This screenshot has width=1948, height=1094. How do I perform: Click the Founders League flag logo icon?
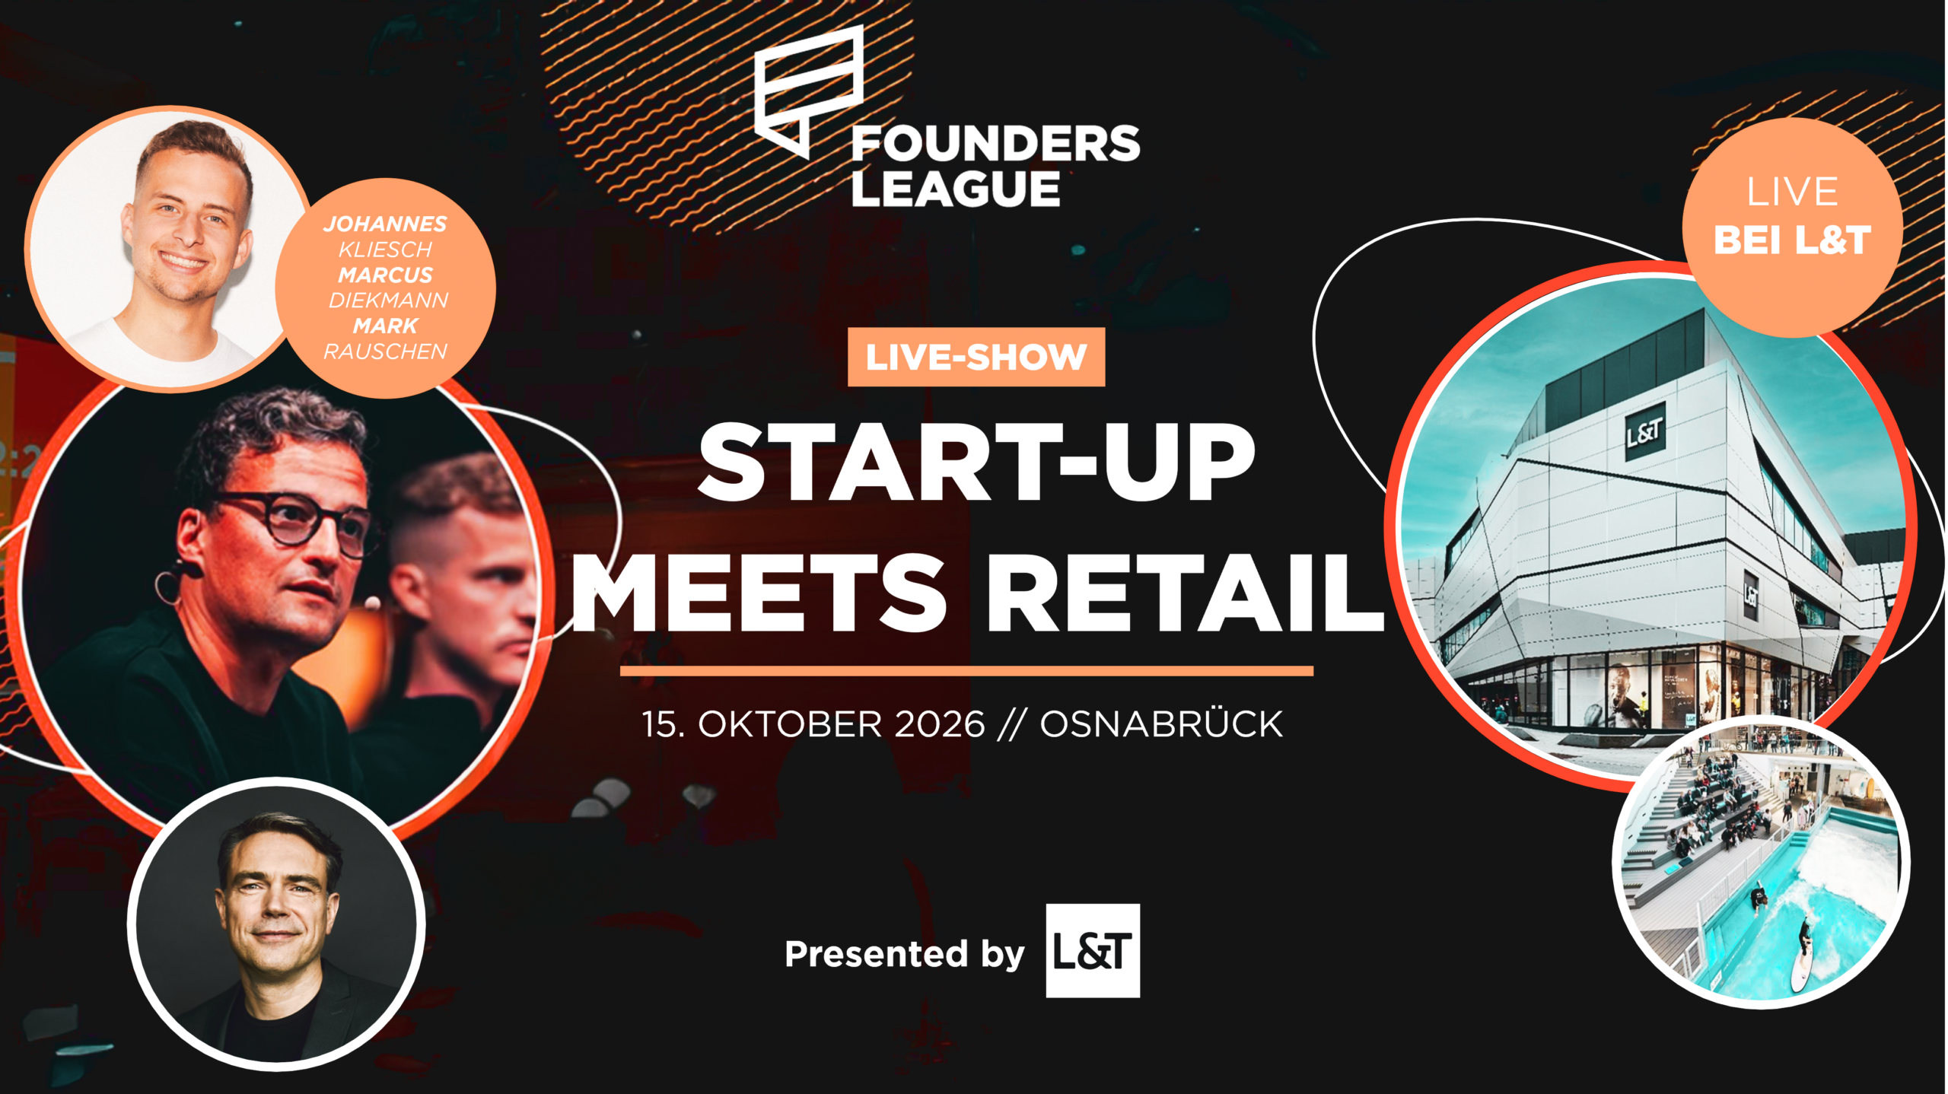tap(809, 91)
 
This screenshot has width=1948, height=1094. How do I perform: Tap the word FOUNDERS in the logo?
tap(995, 144)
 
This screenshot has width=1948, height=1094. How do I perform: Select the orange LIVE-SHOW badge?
tap(976, 357)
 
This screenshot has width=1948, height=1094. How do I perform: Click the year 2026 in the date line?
tap(940, 724)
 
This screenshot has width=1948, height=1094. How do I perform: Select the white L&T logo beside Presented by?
tap(1093, 951)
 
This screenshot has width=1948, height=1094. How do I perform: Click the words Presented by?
tap(905, 954)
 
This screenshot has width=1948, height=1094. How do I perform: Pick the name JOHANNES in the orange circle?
tap(386, 224)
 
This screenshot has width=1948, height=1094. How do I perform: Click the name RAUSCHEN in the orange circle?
tap(385, 351)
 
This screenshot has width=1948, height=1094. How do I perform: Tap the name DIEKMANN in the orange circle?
tap(388, 301)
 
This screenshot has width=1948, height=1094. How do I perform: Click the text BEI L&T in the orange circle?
tap(1792, 240)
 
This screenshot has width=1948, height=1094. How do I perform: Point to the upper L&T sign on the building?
tap(1644, 432)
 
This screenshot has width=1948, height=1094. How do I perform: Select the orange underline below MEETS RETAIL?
tap(966, 671)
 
